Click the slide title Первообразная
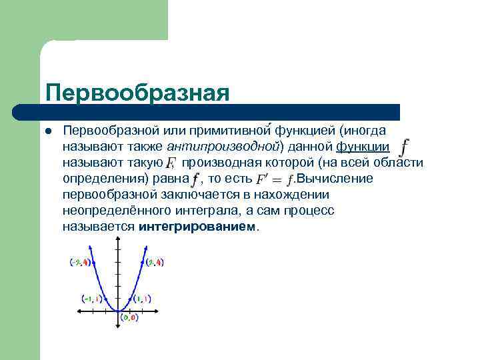[x=137, y=92]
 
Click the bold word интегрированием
[x=197, y=227]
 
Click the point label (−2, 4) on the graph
[x=79, y=263]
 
